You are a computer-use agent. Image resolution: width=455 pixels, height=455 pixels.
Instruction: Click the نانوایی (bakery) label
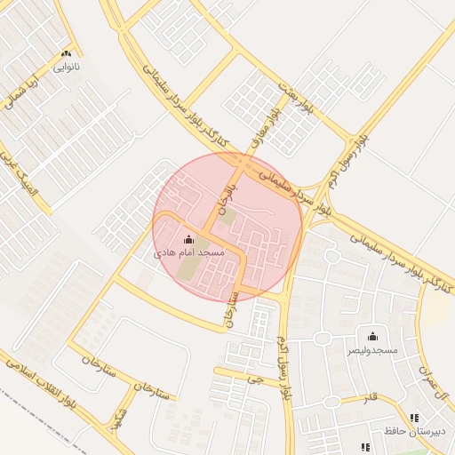tap(66, 67)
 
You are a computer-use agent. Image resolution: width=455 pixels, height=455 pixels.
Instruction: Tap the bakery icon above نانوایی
tap(66, 54)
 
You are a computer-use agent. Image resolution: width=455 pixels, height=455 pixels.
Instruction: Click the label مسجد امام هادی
tap(189, 253)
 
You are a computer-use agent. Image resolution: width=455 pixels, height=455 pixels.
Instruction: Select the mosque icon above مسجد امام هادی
tap(188, 239)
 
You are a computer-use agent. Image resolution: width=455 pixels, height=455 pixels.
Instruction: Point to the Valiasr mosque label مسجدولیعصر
tap(372, 350)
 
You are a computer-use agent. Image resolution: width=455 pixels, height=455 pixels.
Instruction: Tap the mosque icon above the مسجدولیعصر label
tap(372, 336)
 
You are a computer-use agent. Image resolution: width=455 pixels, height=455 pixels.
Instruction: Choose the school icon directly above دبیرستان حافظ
tap(414, 418)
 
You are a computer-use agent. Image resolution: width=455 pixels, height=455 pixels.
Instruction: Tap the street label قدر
tap(371, 397)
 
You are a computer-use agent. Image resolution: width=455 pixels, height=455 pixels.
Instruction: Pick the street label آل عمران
tap(438, 383)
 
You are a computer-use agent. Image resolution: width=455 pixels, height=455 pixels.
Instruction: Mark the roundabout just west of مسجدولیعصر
tap(322, 340)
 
